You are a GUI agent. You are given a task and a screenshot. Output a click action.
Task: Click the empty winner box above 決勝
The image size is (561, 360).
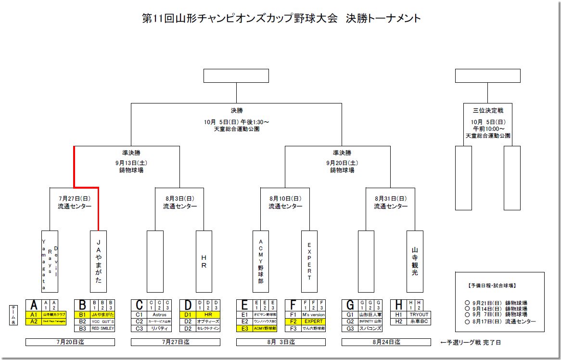tap(236, 76)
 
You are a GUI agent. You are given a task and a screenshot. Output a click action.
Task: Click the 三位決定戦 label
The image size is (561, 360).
tap(487, 111)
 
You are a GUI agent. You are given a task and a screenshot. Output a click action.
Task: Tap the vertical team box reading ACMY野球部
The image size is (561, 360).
tap(260, 261)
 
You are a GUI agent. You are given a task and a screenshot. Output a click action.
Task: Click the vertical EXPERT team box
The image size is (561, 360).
tap(309, 261)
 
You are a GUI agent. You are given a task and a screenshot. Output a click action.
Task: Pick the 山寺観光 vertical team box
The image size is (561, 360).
tap(415, 261)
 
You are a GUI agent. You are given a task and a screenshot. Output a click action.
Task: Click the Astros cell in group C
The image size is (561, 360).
tap(159, 315)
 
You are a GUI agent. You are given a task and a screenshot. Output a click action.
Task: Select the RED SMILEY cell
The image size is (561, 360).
tap(102, 328)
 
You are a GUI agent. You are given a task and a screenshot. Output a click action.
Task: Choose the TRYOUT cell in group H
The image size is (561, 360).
tap(419, 315)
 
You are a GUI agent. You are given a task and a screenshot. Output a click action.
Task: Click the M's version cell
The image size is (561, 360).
tap(313, 315)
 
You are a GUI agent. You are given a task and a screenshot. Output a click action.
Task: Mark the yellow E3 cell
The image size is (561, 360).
tap(244, 328)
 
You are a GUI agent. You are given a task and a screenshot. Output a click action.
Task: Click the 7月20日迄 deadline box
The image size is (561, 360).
tap(70, 342)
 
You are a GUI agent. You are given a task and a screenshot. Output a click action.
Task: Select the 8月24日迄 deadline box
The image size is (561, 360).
tap(386, 342)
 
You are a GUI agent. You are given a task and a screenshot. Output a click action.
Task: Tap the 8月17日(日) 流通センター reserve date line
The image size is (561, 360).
tap(500, 321)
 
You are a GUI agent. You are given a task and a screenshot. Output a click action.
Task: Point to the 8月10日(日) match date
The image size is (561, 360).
tap(285, 198)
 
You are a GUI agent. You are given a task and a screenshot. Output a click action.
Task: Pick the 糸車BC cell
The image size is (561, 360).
tap(419, 321)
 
